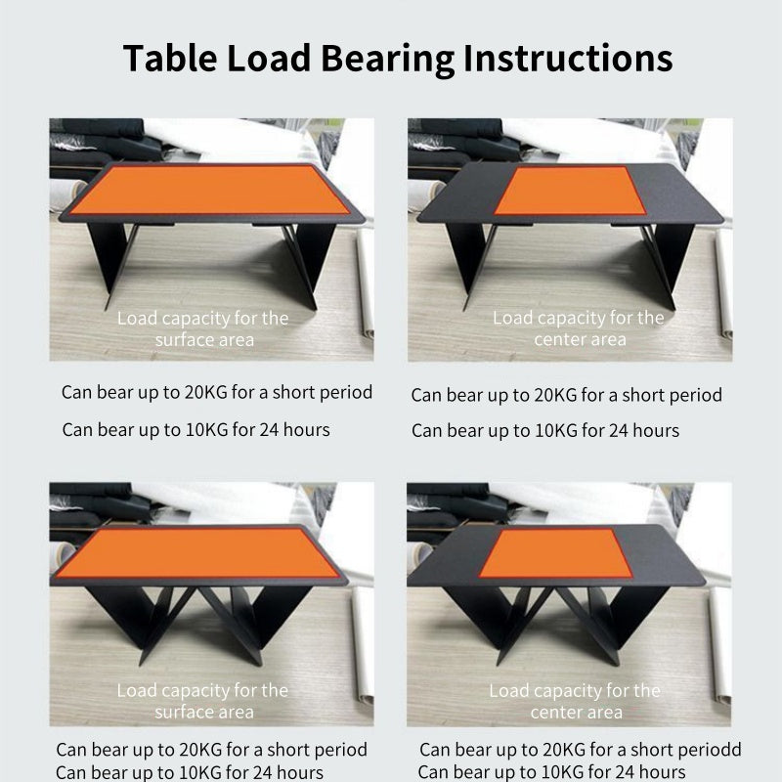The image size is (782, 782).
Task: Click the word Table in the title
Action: click(170, 59)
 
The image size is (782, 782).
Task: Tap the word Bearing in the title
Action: click(387, 60)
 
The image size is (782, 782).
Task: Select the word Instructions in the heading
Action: click(568, 59)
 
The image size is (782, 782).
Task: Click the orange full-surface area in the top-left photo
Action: click(209, 190)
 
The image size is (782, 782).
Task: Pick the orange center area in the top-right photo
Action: click(570, 191)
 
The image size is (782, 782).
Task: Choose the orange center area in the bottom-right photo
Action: click(555, 553)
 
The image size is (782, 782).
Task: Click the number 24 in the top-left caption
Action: click(270, 430)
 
